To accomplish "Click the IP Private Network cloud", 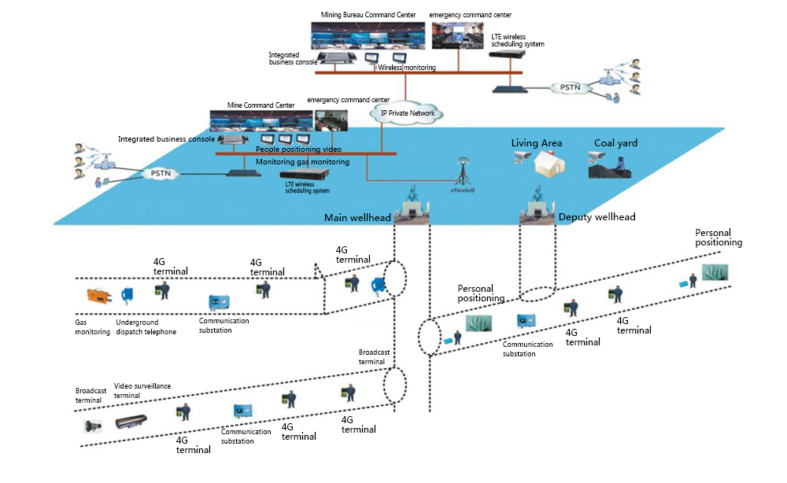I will click(x=408, y=113).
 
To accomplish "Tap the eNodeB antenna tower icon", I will click(x=461, y=169).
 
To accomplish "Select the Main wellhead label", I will click(x=358, y=217).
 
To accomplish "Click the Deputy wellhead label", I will click(x=597, y=217).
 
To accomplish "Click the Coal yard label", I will click(x=615, y=143).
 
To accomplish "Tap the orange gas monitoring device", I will click(x=100, y=297).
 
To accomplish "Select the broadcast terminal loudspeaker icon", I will click(x=93, y=426).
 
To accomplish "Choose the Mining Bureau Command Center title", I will click(x=371, y=15).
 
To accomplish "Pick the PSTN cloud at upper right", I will click(x=568, y=87).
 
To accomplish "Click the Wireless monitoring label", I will click(x=407, y=68).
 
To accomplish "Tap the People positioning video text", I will click(x=298, y=149).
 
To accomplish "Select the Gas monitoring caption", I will click(x=93, y=326).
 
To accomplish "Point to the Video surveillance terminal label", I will click(x=142, y=391).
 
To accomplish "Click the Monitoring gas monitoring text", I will click(x=302, y=161).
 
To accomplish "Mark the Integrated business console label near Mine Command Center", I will click(x=166, y=139).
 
